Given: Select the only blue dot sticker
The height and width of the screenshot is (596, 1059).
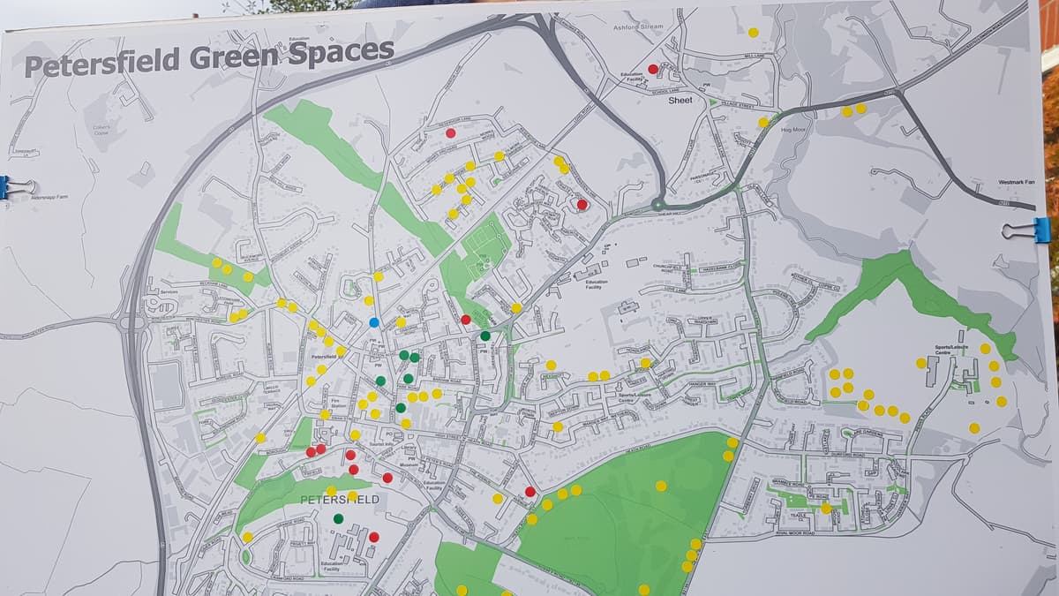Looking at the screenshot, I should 374,322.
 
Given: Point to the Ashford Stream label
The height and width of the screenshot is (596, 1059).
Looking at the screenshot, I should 639,27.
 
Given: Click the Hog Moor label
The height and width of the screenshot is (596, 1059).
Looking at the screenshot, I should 794,130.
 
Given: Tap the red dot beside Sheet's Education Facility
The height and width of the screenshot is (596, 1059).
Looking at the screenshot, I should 653,69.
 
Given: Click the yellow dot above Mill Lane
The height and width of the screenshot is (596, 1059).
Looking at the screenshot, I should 753,33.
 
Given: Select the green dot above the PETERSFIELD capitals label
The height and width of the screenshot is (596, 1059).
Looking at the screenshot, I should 339,518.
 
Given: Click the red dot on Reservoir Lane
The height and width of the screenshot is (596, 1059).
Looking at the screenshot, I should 451,132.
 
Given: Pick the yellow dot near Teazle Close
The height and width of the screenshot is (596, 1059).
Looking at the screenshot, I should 826,508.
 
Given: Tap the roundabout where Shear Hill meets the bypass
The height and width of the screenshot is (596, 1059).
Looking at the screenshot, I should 657,205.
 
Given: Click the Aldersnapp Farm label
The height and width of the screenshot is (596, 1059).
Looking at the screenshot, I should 49,198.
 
